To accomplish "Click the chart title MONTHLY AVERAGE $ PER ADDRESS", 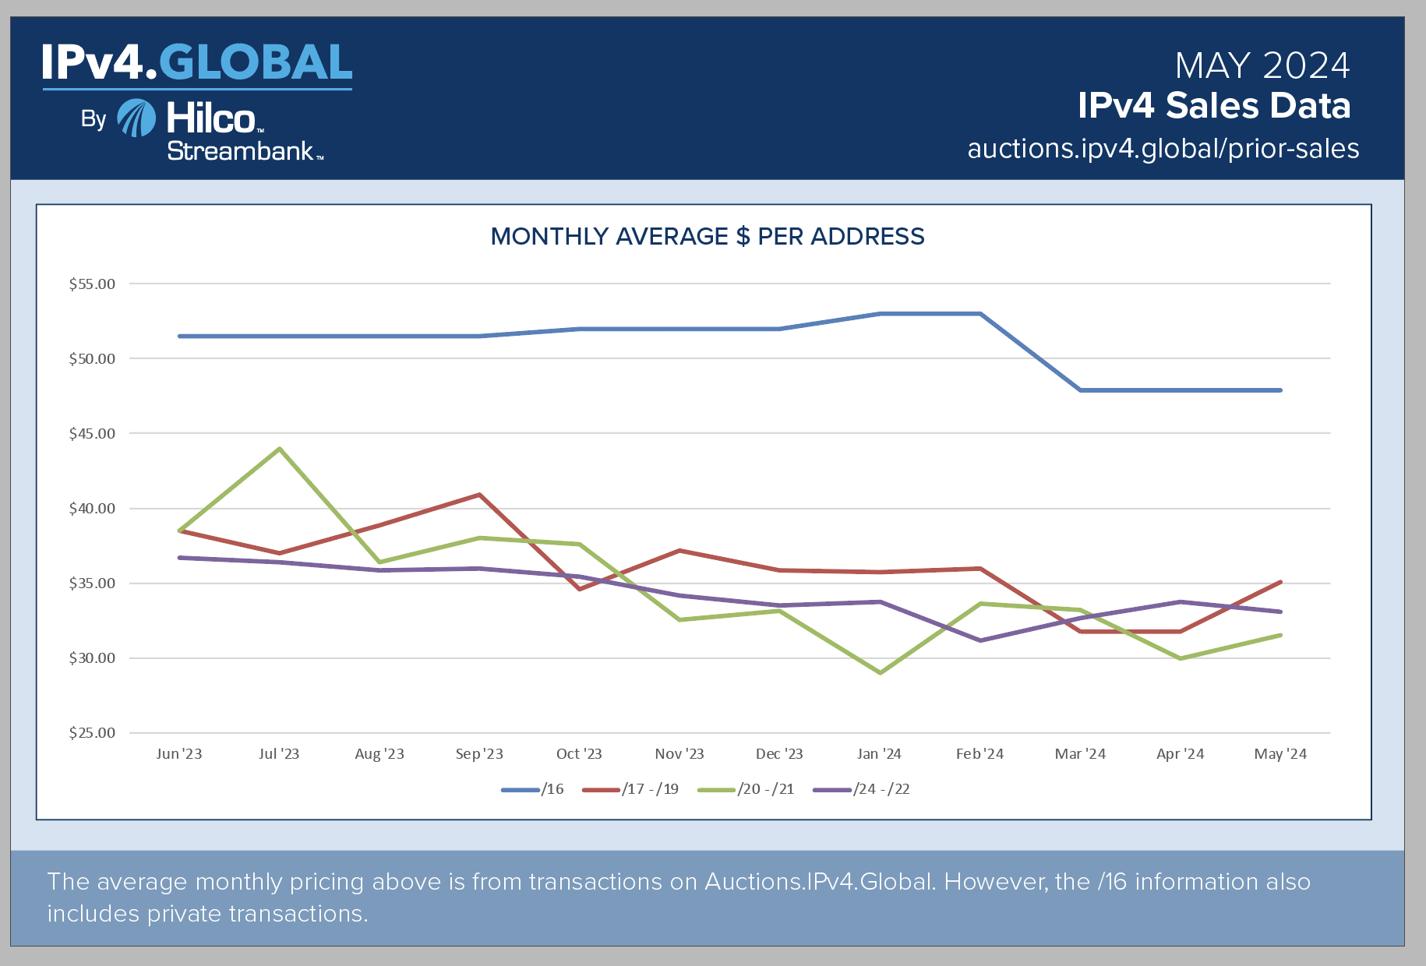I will (x=707, y=236).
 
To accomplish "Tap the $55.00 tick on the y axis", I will (x=92, y=284).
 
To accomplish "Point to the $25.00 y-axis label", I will (x=92, y=733).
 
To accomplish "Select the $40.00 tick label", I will (x=92, y=509).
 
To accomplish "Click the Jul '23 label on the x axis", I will (x=279, y=754).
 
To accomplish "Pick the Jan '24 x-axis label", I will (x=879, y=754).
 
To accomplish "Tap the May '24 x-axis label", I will (x=1280, y=754).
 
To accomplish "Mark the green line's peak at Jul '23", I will (x=279, y=449).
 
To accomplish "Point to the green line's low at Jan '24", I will (x=880, y=672).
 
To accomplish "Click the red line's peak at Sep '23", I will (x=479, y=495).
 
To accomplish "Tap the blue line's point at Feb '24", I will (x=979, y=314).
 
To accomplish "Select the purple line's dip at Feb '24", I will (x=979, y=640).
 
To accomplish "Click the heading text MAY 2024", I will (x=1262, y=65).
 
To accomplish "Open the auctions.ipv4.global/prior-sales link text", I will (x=1163, y=148).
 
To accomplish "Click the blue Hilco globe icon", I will (x=136, y=118).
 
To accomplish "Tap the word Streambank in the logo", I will (x=240, y=151).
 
